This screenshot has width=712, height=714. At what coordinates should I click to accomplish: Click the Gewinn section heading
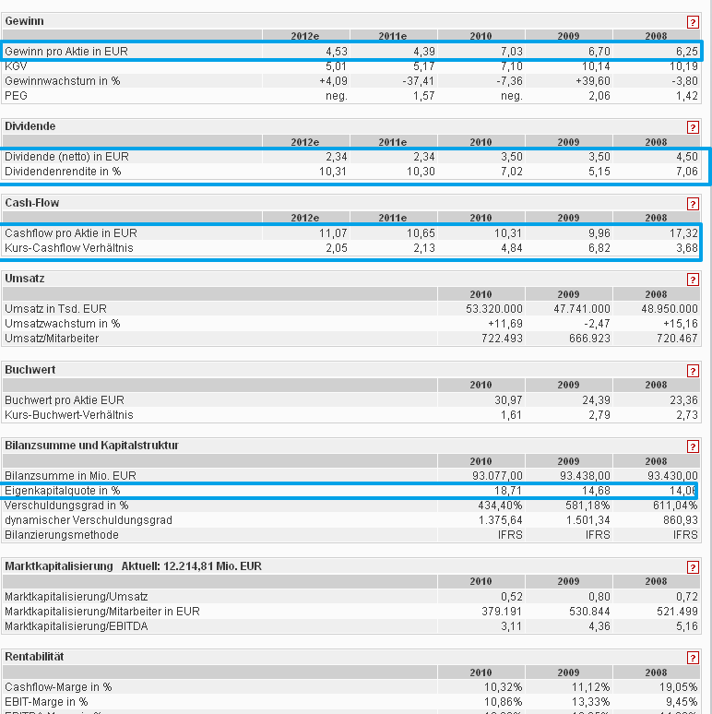click(24, 20)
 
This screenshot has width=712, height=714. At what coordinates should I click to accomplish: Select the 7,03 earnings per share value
click(508, 52)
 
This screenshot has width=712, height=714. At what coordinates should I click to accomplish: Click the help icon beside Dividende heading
click(693, 127)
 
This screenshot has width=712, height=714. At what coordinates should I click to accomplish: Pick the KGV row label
click(16, 66)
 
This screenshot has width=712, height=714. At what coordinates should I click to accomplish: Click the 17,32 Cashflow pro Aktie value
click(683, 233)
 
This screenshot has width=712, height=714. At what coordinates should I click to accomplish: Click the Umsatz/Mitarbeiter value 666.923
click(586, 339)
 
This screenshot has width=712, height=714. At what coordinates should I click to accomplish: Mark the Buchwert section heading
click(30, 370)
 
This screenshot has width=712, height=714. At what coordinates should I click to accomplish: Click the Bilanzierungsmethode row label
click(62, 535)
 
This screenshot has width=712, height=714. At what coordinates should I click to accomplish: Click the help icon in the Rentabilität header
click(693, 659)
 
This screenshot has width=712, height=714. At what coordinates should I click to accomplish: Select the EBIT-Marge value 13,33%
click(588, 702)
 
